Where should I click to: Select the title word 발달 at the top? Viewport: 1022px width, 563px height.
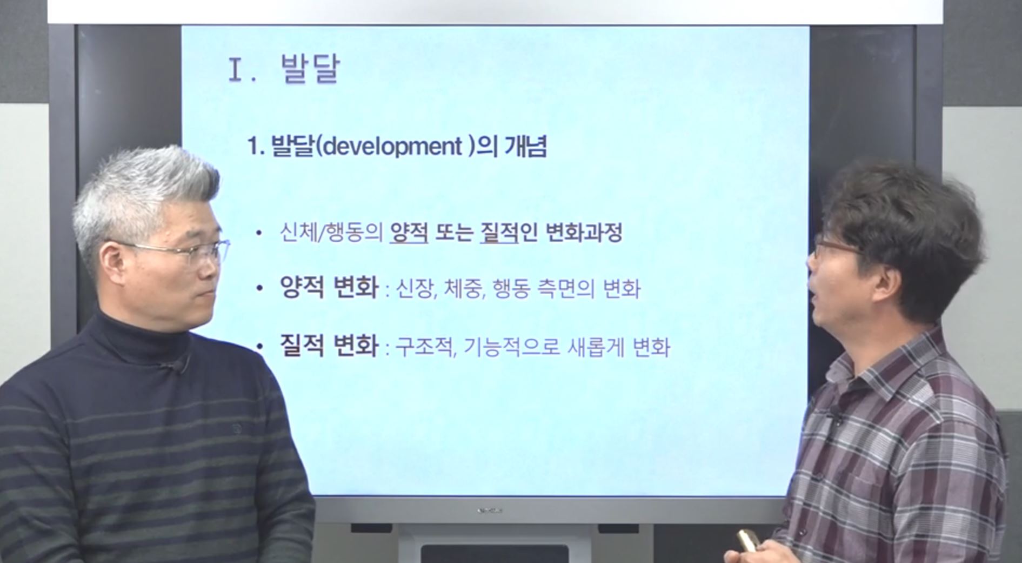(x=310, y=69)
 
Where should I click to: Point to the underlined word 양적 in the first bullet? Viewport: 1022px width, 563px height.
(x=409, y=233)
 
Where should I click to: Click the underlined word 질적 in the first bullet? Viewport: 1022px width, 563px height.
(x=499, y=233)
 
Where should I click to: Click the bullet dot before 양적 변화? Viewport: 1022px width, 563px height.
(x=259, y=289)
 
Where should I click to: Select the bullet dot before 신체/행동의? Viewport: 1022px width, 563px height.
(x=259, y=233)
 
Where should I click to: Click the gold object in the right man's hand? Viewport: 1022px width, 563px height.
(x=749, y=540)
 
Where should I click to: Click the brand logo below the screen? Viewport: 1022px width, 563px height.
(x=490, y=510)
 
